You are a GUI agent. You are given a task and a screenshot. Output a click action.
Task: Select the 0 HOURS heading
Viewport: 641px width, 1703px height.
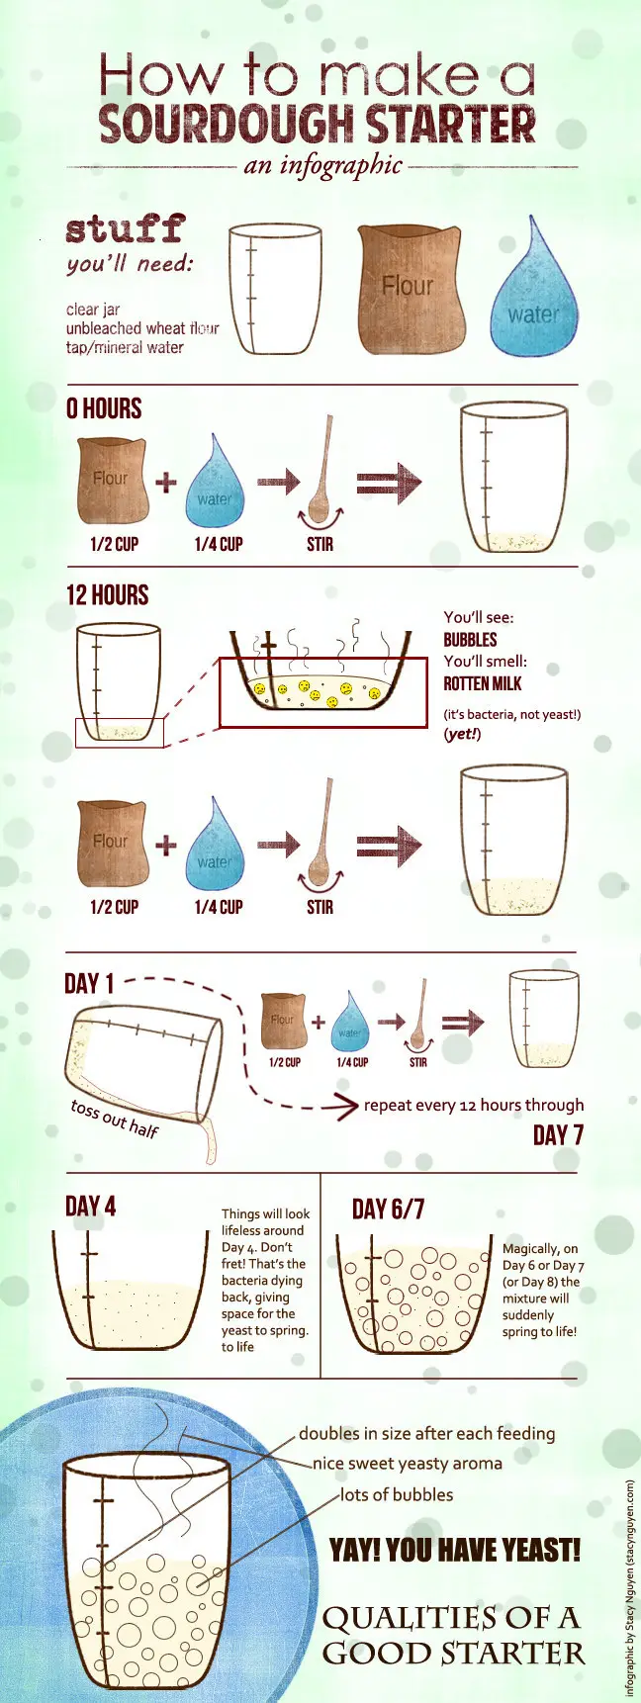(x=104, y=408)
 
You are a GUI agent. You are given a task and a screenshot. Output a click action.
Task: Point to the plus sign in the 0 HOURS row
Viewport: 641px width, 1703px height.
(x=166, y=482)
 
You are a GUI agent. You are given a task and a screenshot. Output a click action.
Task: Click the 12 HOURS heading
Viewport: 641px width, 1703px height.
(x=107, y=595)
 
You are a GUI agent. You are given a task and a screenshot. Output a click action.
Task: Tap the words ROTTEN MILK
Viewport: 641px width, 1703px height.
(x=482, y=683)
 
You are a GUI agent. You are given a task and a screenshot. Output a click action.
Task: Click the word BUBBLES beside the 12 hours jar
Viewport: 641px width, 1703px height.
(x=470, y=640)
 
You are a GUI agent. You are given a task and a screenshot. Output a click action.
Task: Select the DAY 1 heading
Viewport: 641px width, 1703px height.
(x=89, y=984)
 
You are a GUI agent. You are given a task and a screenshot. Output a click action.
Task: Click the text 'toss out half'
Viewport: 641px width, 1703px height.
(x=115, y=1119)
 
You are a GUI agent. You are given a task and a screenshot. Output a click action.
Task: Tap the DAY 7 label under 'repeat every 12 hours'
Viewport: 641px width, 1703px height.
(x=558, y=1134)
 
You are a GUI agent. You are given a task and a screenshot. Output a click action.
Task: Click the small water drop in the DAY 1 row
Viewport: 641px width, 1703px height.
(x=348, y=1021)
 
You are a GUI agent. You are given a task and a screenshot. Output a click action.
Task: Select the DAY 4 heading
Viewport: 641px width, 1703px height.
(x=90, y=1207)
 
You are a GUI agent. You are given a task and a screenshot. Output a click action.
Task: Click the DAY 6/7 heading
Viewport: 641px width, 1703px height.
(x=388, y=1209)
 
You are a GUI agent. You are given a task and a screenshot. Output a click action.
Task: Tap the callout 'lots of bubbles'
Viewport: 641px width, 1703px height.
(x=397, y=1494)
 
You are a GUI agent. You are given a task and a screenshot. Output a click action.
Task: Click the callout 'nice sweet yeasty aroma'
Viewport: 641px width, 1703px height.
(x=408, y=1464)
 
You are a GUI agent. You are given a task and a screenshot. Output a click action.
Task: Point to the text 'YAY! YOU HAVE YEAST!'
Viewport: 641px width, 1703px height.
(x=455, y=1550)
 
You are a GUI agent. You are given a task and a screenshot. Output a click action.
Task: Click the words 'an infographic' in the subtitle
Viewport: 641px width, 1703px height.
(x=322, y=165)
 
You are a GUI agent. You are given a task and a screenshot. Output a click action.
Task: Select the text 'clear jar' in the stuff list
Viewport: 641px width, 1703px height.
(x=93, y=310)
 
